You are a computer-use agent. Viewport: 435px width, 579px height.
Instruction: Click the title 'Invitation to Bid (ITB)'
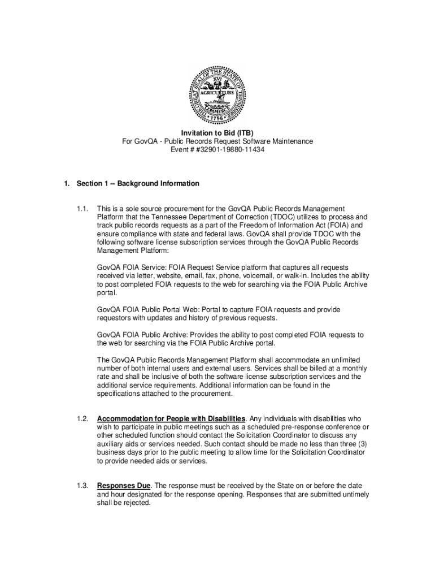pos(217,133)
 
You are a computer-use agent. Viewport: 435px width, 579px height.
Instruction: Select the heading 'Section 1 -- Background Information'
pos(138,184)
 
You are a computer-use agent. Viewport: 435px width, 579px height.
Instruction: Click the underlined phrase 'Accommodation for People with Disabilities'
pos(171,418)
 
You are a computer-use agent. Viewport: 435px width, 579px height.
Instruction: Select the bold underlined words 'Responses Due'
pos(124,486)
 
